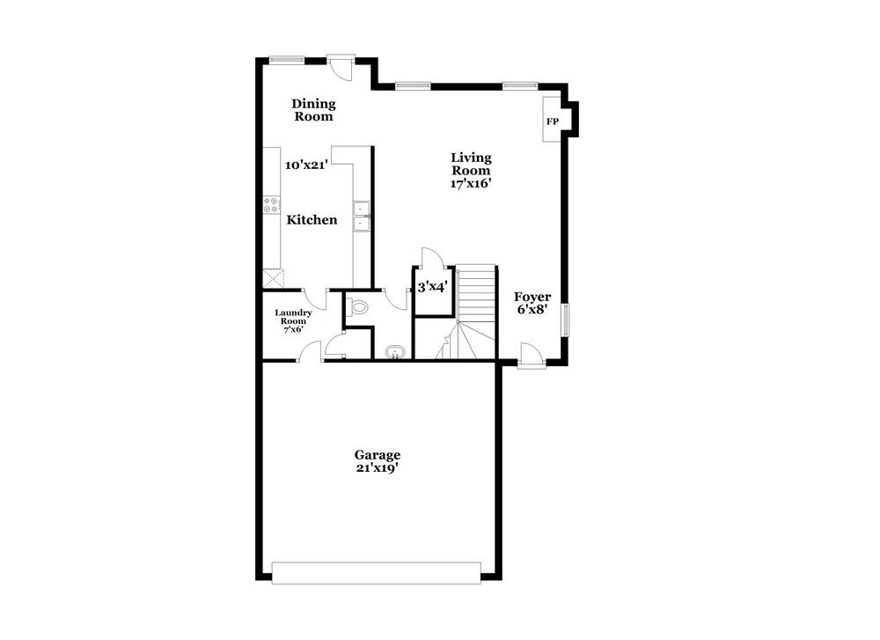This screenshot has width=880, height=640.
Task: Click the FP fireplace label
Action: point(553,121)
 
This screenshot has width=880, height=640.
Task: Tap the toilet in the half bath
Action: point(357,307)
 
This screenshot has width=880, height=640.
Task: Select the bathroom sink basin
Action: point(395,353)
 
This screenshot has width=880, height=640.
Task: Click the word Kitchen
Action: point(312,219)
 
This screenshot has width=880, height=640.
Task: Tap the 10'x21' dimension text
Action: point(306,165)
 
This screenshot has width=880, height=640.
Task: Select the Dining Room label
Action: point(313,110)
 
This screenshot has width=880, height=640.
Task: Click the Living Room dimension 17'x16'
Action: point(471,184)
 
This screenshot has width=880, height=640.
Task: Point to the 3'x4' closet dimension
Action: point(433,287)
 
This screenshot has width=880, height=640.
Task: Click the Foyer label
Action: point(533,297)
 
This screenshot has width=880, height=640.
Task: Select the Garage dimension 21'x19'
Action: point(378,468)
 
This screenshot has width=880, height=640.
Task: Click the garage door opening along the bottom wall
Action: point(377,572)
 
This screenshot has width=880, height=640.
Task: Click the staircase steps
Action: point(476,291)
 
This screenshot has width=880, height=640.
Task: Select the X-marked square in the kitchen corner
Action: point(273,278)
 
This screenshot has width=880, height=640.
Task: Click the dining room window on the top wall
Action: point(287,60)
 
